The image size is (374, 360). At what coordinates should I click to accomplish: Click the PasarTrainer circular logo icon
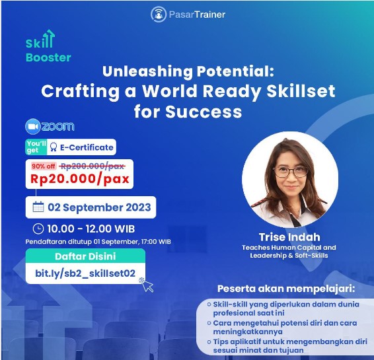159,15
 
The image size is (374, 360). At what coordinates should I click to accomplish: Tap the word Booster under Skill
48,57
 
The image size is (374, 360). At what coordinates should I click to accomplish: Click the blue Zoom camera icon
33,126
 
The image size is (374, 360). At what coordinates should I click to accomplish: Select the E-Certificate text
87,147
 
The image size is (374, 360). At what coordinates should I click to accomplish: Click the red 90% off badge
44,166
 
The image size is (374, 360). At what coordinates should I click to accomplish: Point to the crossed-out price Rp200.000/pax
92,166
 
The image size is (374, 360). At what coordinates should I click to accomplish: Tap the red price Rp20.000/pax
80,179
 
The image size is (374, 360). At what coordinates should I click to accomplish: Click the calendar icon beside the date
38,207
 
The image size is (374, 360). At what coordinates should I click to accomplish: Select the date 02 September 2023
99,207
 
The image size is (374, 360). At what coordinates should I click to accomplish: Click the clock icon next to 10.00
38,229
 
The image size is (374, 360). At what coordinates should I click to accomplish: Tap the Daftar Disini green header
85,256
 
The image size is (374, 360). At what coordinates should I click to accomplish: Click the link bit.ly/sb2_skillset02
85,273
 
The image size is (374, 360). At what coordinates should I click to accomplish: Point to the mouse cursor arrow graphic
147,285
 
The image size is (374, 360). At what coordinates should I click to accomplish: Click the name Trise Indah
289,237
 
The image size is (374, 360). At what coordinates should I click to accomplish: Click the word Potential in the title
235,71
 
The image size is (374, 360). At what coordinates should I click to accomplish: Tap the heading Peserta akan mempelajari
286,289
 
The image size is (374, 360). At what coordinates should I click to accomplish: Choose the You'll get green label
36,147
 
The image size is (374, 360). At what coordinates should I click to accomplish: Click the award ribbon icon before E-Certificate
54,147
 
